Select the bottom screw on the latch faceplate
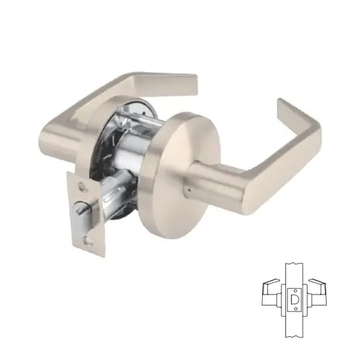tap(88, 234)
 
